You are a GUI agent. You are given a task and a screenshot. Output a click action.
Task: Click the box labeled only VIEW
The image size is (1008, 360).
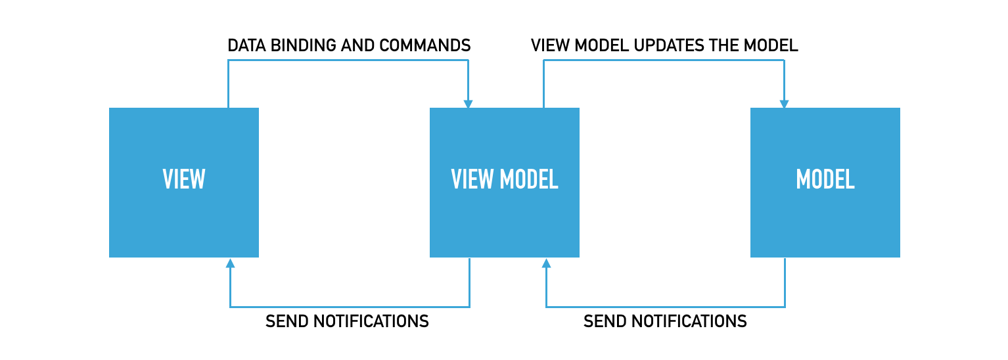point(183,182)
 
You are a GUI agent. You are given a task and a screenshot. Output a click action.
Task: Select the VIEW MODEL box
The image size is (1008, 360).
point(504,182)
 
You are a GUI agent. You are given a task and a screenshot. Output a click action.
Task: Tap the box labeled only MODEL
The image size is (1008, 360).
point(825,182)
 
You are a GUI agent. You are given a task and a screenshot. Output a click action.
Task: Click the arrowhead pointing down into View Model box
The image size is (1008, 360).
point(468,103)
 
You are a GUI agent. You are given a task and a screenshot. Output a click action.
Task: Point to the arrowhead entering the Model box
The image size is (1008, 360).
point(784,103)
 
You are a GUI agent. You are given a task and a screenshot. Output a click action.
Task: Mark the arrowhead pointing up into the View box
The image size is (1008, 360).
point(230,263)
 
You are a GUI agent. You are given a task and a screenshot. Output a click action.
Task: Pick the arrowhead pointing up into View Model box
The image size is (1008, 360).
point(546,263)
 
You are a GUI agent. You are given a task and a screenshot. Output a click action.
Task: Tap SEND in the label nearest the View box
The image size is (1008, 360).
point(287,321)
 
